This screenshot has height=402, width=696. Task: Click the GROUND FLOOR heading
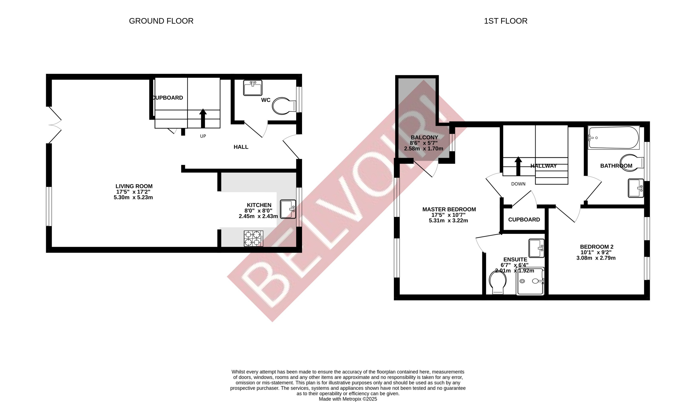tap(161, 21)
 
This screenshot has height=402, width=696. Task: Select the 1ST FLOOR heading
tap(505, 21)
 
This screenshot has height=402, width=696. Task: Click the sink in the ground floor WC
tap(253, 88)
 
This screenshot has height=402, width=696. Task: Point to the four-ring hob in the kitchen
tap(253, 238)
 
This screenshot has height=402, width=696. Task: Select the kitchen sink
tap(288, 209)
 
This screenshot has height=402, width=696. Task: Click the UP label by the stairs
tap(203, 136)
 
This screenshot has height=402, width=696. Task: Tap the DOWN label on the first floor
tap(518, 184)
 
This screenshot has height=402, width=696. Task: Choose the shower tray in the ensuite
tap(530, 281)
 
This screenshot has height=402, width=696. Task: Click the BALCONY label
tap(424, 137)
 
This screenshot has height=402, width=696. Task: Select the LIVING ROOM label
tap(134, 186)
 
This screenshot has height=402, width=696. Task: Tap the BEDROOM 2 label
tap(596, 247)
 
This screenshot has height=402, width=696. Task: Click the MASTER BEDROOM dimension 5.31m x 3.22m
tap(448, 221)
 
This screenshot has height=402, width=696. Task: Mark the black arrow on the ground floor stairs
tap(203, 118)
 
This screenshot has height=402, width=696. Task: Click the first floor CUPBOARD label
tap(524, 219)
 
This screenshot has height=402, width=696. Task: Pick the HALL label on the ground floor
tap(241, 147)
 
